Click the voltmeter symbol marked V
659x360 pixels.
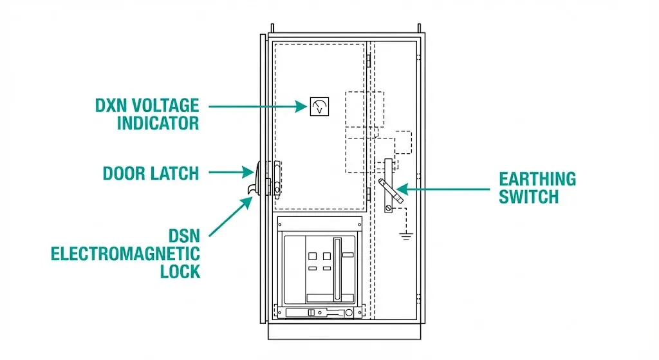coord(319,106)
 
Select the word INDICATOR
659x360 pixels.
coord(158,122)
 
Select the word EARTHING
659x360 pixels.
coord(537,179)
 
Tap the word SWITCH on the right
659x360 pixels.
coord(529,196)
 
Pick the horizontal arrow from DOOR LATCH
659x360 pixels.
coord(230,172)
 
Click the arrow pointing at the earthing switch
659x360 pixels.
coord(444,189)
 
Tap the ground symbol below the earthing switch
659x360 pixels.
coord(405,236)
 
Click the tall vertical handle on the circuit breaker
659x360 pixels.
coord(335,265)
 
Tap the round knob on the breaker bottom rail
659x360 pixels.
coord(348,312)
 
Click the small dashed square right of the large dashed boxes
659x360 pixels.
coord(403,142)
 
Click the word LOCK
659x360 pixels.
coord(180,271)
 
